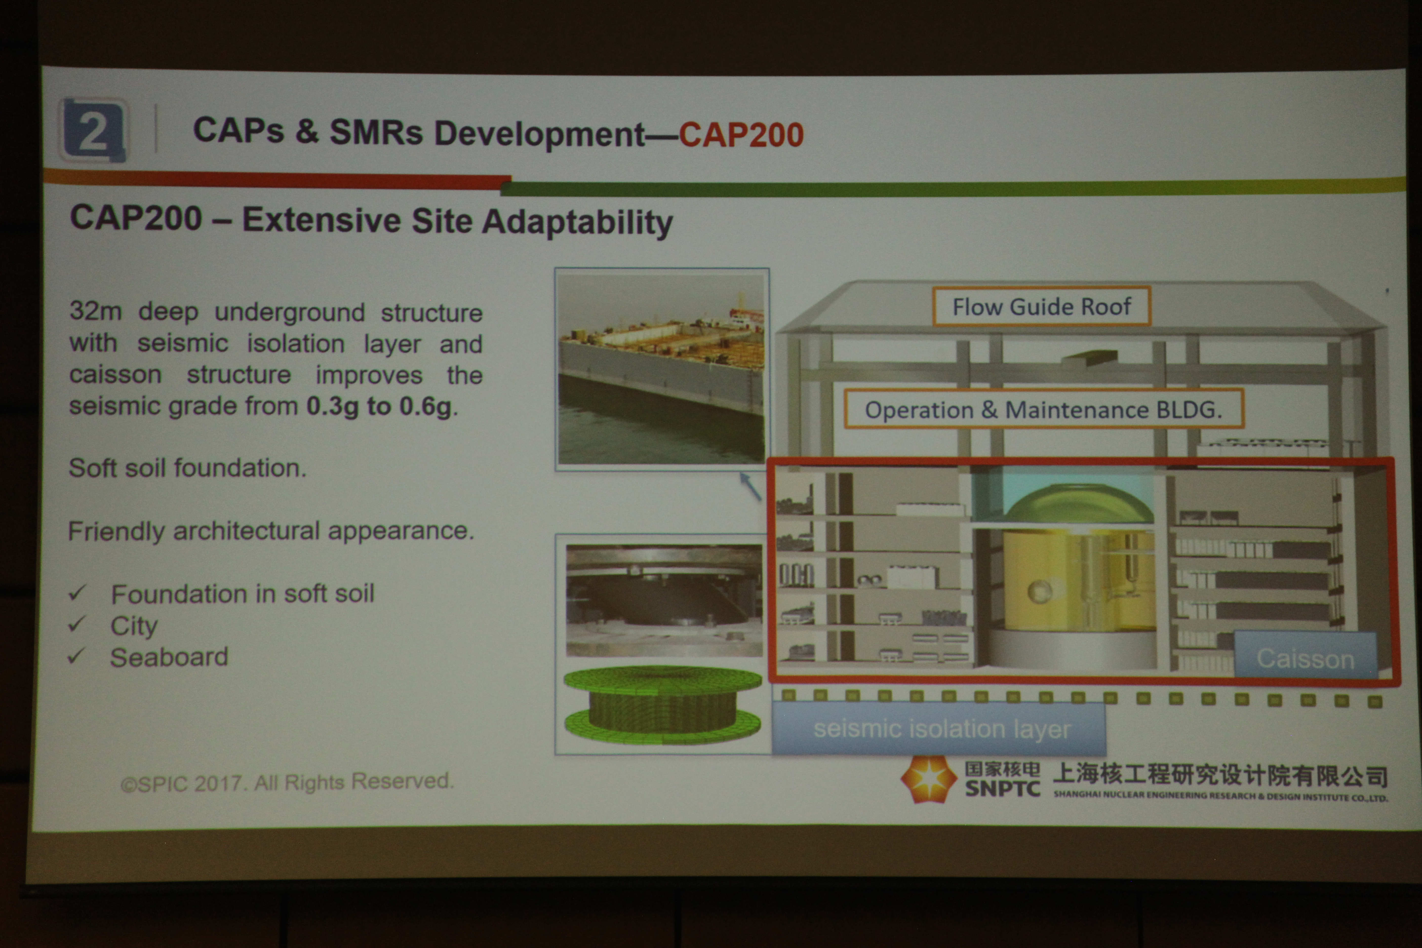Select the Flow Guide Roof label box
pos(1041,307)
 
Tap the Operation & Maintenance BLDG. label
pos(1043,409)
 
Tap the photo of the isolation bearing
pos(664,600)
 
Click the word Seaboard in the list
pos(169,657)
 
